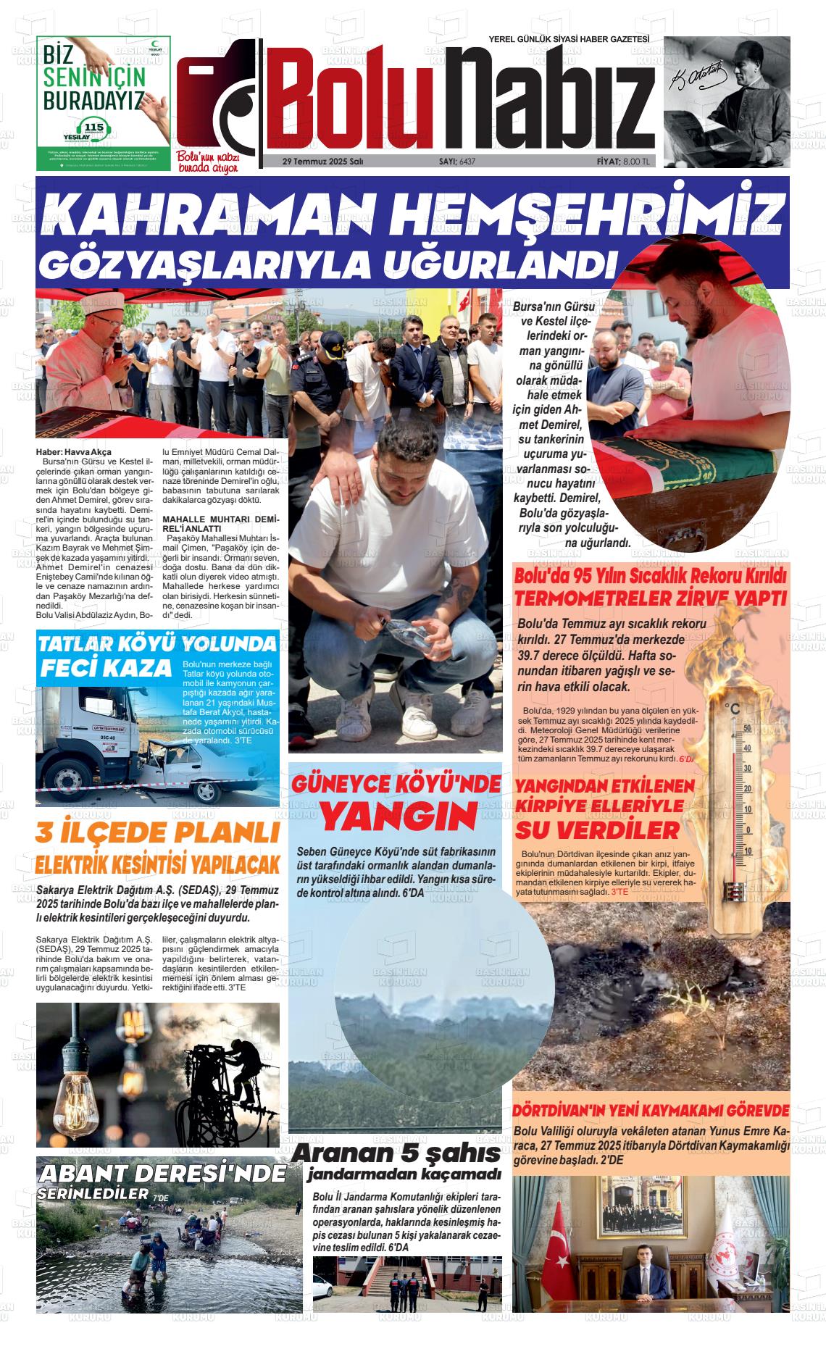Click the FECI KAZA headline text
pyautogui.click(x=105, y=667)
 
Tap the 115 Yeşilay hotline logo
pyautogui.click(x=95, y=131)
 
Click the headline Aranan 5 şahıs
pyautogui.click(x=396, y=1153)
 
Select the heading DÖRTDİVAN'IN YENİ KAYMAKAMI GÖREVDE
pyautogui.click(x=651, y=1111)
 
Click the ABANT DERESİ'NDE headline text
pyautogui.click(x=163, y=1174)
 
